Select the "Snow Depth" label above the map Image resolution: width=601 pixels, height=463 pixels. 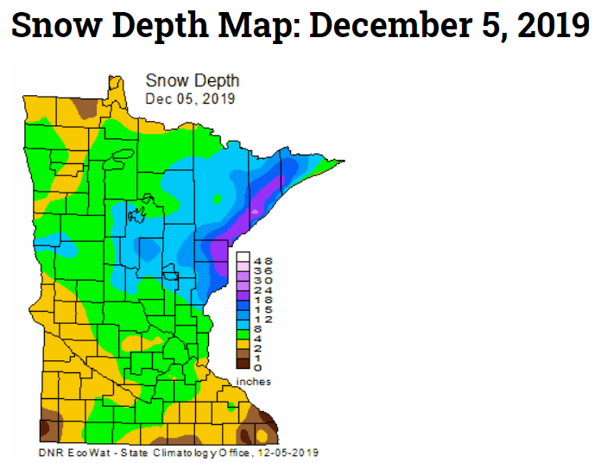193,81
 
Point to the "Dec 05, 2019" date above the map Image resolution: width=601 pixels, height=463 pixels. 190,98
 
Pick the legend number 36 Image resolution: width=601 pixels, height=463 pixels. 264,270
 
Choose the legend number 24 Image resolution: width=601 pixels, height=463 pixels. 264,290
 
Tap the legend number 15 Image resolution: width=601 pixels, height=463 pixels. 264,309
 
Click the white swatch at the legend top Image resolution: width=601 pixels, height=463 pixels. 244,257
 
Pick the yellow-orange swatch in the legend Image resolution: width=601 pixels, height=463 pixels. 244,344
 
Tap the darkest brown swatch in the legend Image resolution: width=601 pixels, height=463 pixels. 244,365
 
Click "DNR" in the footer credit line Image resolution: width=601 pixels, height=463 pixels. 51,453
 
